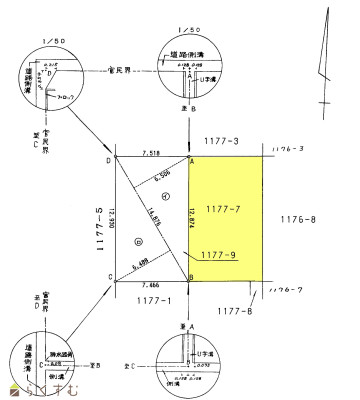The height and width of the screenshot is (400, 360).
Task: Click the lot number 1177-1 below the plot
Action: point(151,299)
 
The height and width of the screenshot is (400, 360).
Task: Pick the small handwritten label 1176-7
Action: point(286,290)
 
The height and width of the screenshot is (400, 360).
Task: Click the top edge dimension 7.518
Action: point(152,153)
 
